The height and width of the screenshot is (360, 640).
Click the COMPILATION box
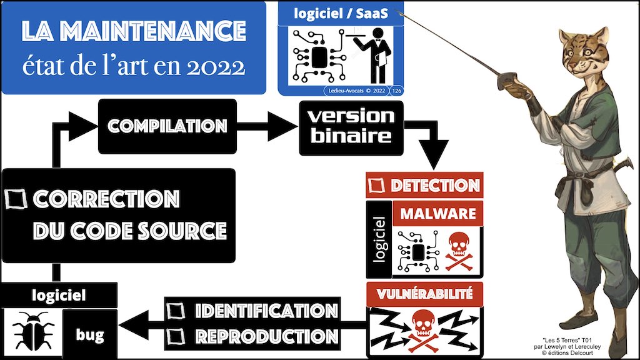[x=167, y=126]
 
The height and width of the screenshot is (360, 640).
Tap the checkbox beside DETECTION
[x=377, y=185]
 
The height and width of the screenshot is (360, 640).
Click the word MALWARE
[x=438, y=213]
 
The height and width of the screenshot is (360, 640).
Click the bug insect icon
[x=31, y=329]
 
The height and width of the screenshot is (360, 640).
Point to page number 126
[x=396, y=91]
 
